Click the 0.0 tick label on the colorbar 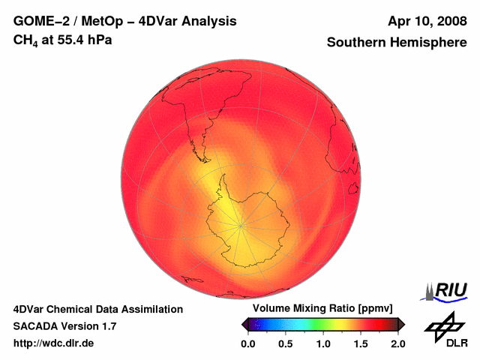click(x=247, y=343)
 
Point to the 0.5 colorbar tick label click(x=285, y=343)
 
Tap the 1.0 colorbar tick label click(x=323, y=343)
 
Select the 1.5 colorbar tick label click(x=361, y=343)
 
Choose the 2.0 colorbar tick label click(x=398, y=343)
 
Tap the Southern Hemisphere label click(x=397, y=43)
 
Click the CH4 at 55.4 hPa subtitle click(x=63, y=40)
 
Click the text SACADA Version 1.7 click(x=64, y=326)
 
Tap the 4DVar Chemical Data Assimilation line click(x=98, y=309)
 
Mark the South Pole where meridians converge click(x=240, y=224)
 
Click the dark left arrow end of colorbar click(x=244, y=324)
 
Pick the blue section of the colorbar click(x=277, y=324)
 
